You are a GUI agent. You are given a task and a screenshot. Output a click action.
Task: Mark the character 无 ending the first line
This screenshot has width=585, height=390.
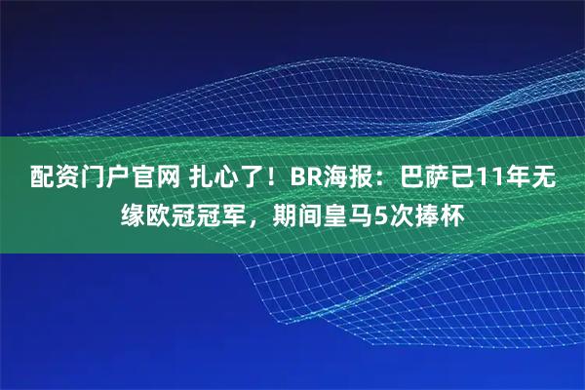point(558,177)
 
